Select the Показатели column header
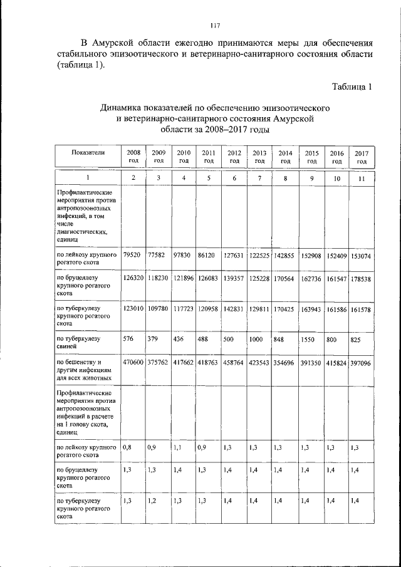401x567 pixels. point(88,152)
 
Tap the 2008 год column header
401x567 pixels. point(133,157)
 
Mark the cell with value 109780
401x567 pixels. point(158,309)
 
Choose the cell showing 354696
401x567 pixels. point(285,363)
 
